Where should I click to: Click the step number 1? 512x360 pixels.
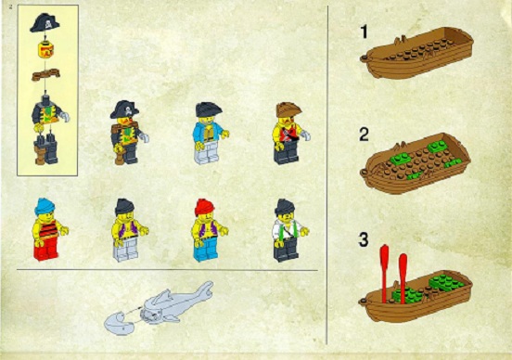[x=364, y=32]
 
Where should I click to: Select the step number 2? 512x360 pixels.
[x=365, y=135]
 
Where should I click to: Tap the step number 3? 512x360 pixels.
[x=364, y=239]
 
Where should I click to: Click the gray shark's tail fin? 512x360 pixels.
[x=205, y=290]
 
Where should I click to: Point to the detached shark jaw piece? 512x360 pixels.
[x=119, y=324]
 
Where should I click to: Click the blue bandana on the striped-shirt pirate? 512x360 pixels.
[x=45, y=206]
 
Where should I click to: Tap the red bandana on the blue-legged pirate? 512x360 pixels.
[x=204, y=207]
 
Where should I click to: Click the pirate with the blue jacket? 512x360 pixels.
[x=210, y=133]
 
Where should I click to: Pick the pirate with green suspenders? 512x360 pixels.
[x=289, y=230]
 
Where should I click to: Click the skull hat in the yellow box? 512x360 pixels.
[x=45, y=23]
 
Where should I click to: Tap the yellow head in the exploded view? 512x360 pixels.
[x=45, y=49]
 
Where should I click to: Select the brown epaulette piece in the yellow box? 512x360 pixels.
[x=45, y=74]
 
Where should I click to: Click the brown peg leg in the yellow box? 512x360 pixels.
[x=40, y=153]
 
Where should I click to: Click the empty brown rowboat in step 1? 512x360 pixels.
[x=416, y=52]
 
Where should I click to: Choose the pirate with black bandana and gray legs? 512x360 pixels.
[x=130, y=230]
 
